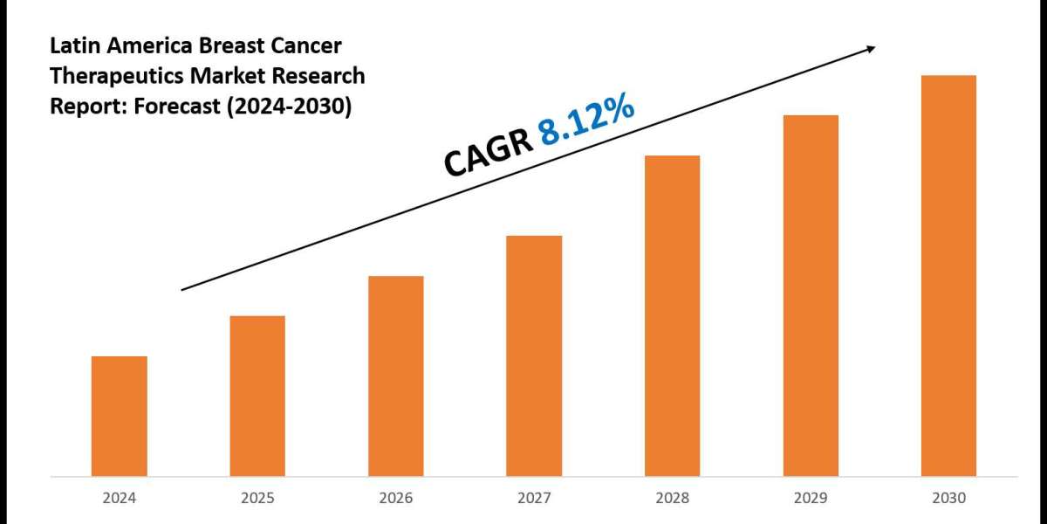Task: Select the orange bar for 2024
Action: tap(119, 416)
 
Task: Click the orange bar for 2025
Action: tap(257, 396)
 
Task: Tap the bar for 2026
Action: tap(395, 376)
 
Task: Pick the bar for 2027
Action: tap(534, 355)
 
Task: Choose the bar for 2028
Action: tap(672, 315)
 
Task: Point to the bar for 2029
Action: tap(811, 295)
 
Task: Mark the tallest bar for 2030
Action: tap(948, 275)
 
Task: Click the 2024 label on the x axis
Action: tap(119, 499)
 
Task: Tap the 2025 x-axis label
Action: tap(257, 499)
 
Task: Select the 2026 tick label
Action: tap(395, 499)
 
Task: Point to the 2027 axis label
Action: tap(534, 499)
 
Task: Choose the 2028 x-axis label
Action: tap(672, 499)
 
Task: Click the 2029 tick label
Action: tap(811, 499)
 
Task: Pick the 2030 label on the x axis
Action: tap(948, 499)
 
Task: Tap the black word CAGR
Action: tap(488, 153)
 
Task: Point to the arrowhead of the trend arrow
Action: tap(870, 49)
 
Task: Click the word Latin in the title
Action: tap(72, 45)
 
